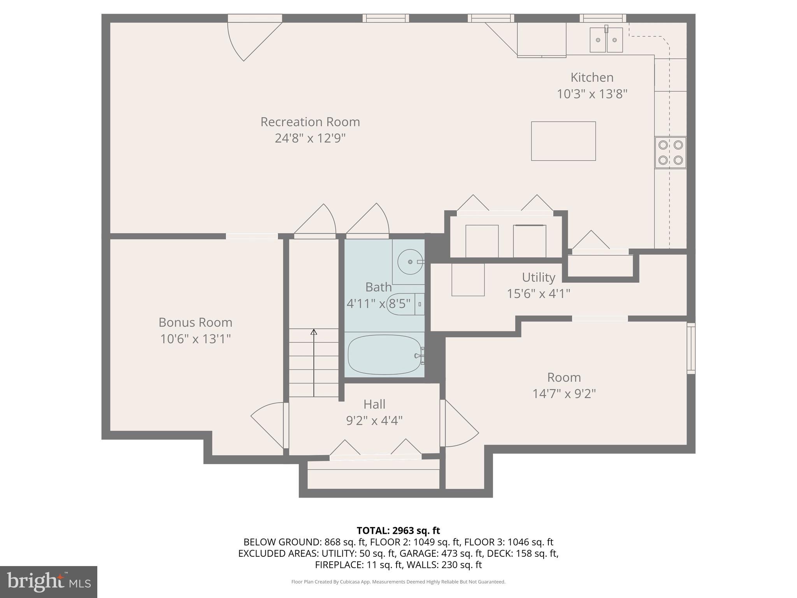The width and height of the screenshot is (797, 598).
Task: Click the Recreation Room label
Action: pos(310,122)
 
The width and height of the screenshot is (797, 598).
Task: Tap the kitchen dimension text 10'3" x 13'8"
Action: pos(592,94)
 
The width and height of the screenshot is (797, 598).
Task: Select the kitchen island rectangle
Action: pos(564,141)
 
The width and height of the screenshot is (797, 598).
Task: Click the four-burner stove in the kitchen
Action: pos(671,153)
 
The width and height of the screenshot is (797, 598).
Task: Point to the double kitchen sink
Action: pos(606,39)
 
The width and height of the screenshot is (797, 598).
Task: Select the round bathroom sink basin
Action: pos(410,262)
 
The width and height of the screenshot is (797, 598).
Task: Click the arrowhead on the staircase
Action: pos(314,332)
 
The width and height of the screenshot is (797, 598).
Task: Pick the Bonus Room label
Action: pos(195,322)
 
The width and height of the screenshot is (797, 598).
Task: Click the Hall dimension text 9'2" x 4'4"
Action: pos(374,420)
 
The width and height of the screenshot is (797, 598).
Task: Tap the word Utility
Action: pos(539,277)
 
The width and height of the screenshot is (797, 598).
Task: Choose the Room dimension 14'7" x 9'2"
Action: pos(564,394)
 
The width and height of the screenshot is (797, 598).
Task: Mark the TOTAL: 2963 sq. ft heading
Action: pos(398,530)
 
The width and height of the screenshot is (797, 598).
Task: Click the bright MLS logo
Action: pos(49,582)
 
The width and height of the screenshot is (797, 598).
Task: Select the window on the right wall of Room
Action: pos(691,348)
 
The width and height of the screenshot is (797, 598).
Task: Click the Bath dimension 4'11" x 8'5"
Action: pos(378,303)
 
